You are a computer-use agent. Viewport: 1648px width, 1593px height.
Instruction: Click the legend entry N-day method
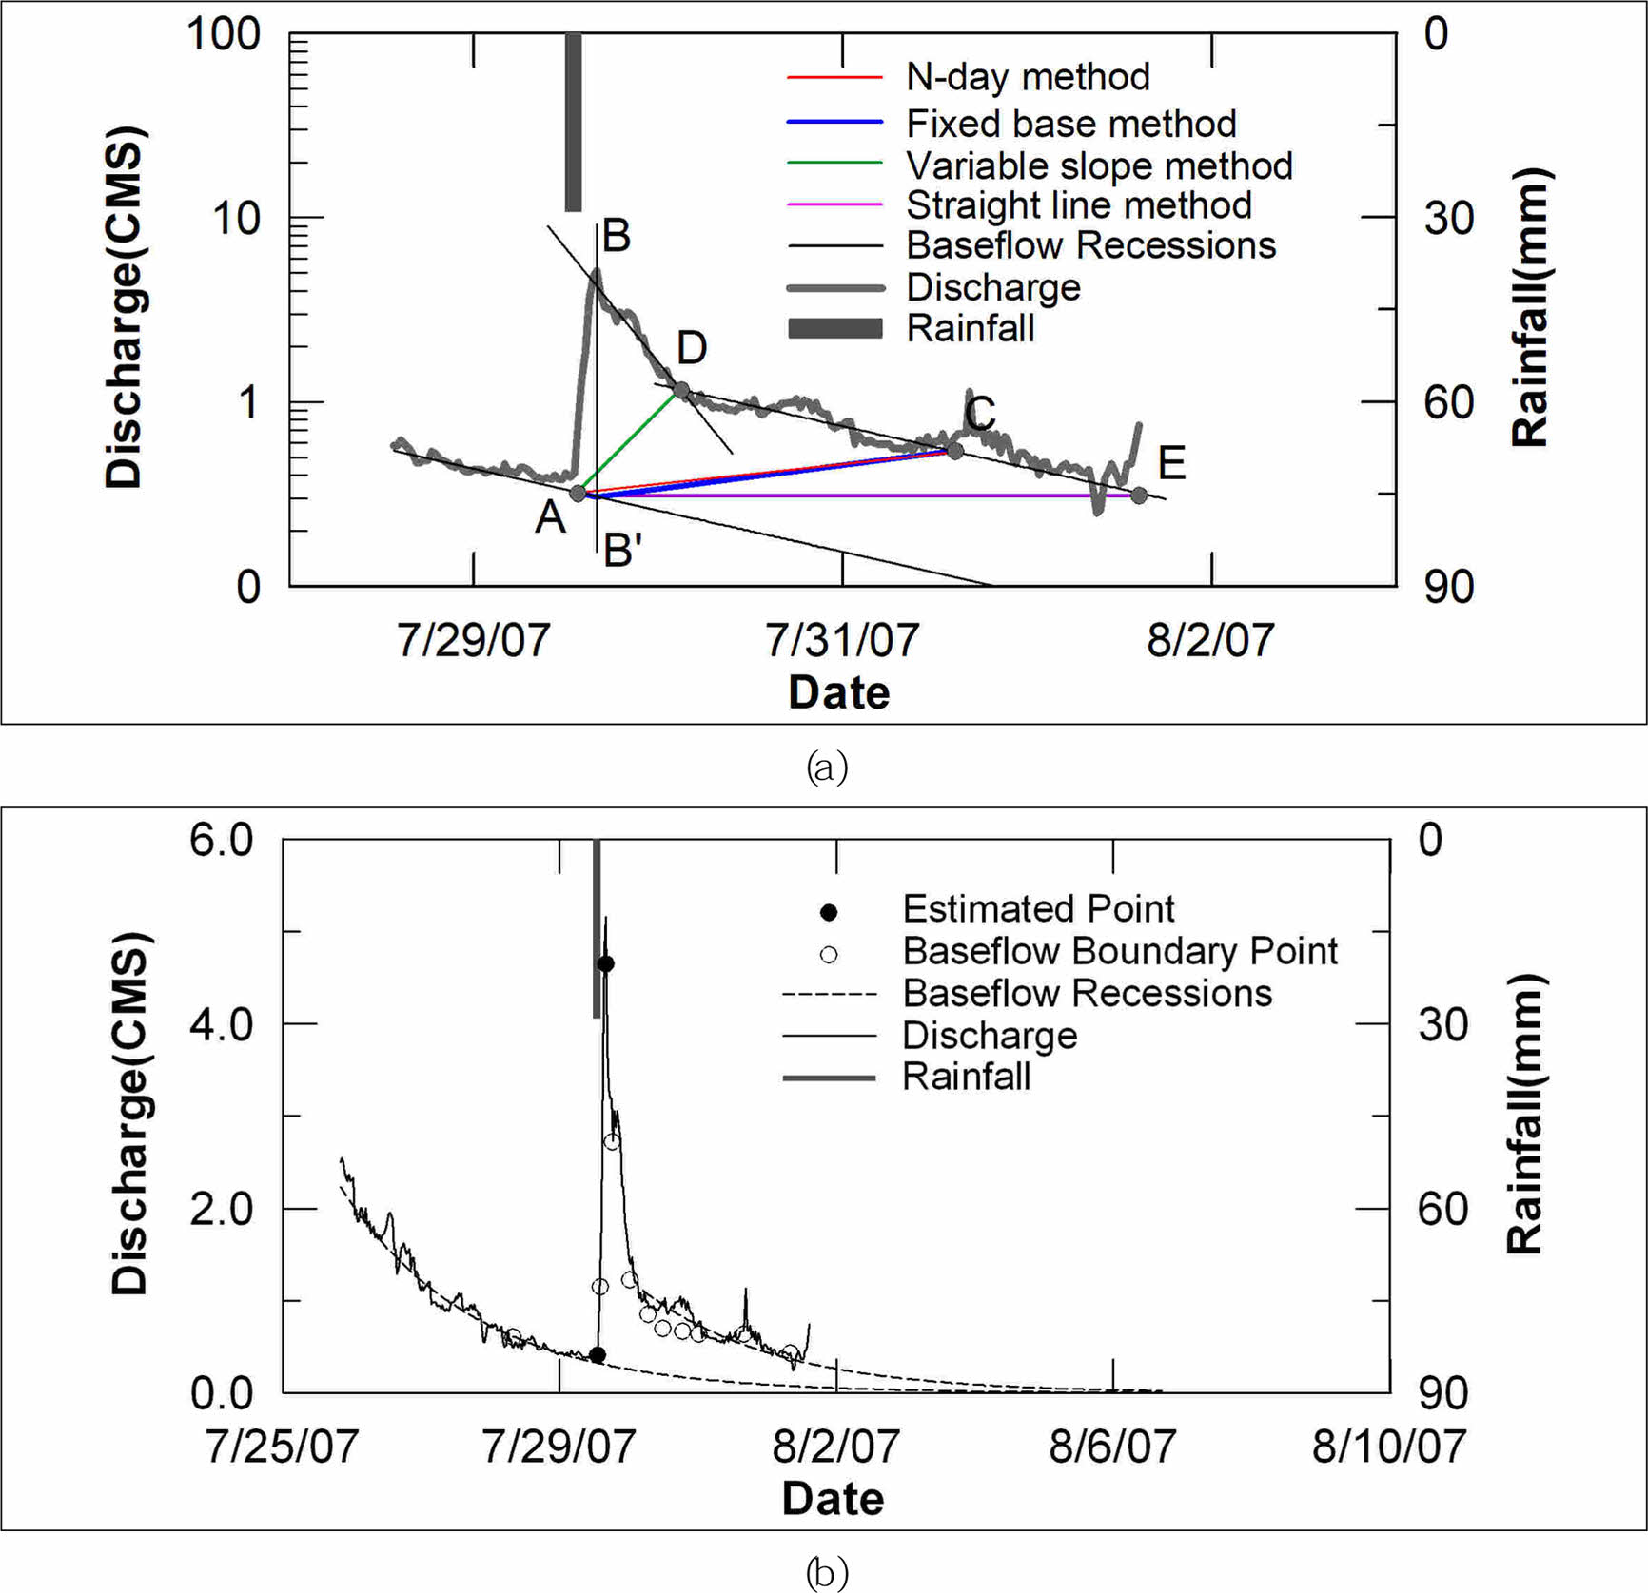click(x=1028, y=77)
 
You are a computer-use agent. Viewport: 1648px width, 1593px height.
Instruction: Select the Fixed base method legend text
click(x=1070, y=124)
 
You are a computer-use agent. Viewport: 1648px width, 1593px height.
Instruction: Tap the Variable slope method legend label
click(x=1099, y=165)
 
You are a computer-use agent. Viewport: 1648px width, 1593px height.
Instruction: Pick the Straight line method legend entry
click(x=1078, y=205)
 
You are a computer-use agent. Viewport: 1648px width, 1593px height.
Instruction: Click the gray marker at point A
click(x=578, y=493)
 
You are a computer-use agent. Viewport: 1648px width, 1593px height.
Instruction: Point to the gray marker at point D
click(x=681, y=390)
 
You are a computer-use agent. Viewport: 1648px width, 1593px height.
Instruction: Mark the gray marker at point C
click(x=955, y=450)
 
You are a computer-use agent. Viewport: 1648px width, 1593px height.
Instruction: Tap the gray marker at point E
click(x=1139, y=495)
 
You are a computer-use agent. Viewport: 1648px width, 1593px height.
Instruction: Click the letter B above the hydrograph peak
click(x=617, y=236)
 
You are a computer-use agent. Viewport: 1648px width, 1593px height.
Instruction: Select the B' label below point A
click(x=623, y=551)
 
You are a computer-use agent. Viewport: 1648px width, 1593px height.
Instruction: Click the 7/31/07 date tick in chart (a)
click(x=842, y=640)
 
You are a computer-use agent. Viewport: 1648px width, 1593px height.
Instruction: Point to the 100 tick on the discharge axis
click(x=224, y=34)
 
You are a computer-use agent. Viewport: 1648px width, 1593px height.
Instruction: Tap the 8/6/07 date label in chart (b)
click(x=1112, y=1447)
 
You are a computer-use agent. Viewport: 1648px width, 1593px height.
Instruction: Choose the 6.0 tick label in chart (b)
click(x=221, y=840)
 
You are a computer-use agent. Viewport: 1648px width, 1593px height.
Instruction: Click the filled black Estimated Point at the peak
click(x=605, y=963)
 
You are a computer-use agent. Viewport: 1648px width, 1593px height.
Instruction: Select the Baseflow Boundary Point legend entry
click(x=1119, y=951)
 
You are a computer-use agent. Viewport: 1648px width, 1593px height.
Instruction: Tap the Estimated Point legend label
click(x=1038, y=909)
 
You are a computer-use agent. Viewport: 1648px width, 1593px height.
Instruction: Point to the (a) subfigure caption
click(x=826, y=767)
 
